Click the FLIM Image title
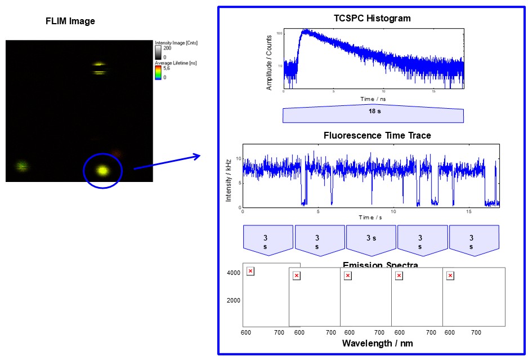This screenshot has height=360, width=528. click(x=70, y=21)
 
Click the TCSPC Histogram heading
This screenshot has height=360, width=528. click(x=372, y=18)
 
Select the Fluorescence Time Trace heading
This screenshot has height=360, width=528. click(x=377, y=135)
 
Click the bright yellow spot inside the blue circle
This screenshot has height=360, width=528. click(x=102, y=170)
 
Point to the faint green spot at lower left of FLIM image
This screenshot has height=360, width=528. click(x=22, y=166)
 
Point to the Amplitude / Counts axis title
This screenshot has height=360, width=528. click(x=269, y=63)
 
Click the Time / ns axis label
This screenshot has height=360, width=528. click(x=373, y=99)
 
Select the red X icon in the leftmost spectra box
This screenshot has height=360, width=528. click(x=250, y=271)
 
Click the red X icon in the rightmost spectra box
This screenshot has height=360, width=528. click(x=450, y=275)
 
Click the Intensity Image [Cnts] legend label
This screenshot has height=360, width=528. click(x=176, y=43)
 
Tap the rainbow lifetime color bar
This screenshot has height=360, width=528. click(x=158, y=72)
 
